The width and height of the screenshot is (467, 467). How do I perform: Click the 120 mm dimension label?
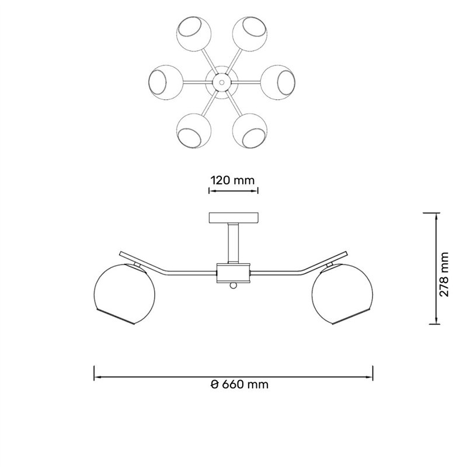(232, 180)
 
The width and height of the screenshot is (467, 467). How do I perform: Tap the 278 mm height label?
(444, 274)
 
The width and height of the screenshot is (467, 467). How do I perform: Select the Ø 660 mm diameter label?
(239, 384)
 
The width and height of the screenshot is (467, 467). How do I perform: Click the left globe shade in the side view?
(124, 294)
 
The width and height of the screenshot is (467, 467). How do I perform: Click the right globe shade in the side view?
(343, 294)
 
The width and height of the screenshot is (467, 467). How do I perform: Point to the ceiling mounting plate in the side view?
(233, 218)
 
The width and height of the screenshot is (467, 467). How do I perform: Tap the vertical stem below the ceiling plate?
(233, 243)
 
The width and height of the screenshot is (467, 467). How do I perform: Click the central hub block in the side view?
(233, 273)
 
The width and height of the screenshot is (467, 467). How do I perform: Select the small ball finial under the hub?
(233, 286)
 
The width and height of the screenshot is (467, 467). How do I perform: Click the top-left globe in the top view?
(194, 33)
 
